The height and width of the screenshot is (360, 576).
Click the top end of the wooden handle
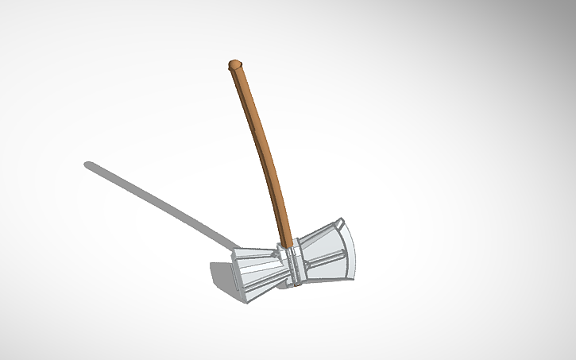pyautogui.click(x=234, y=64)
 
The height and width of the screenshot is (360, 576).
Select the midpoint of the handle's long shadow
pyautogui.click(x=159, y=203)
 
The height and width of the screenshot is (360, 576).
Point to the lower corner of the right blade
pyautogui.click(x=350, y=279)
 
